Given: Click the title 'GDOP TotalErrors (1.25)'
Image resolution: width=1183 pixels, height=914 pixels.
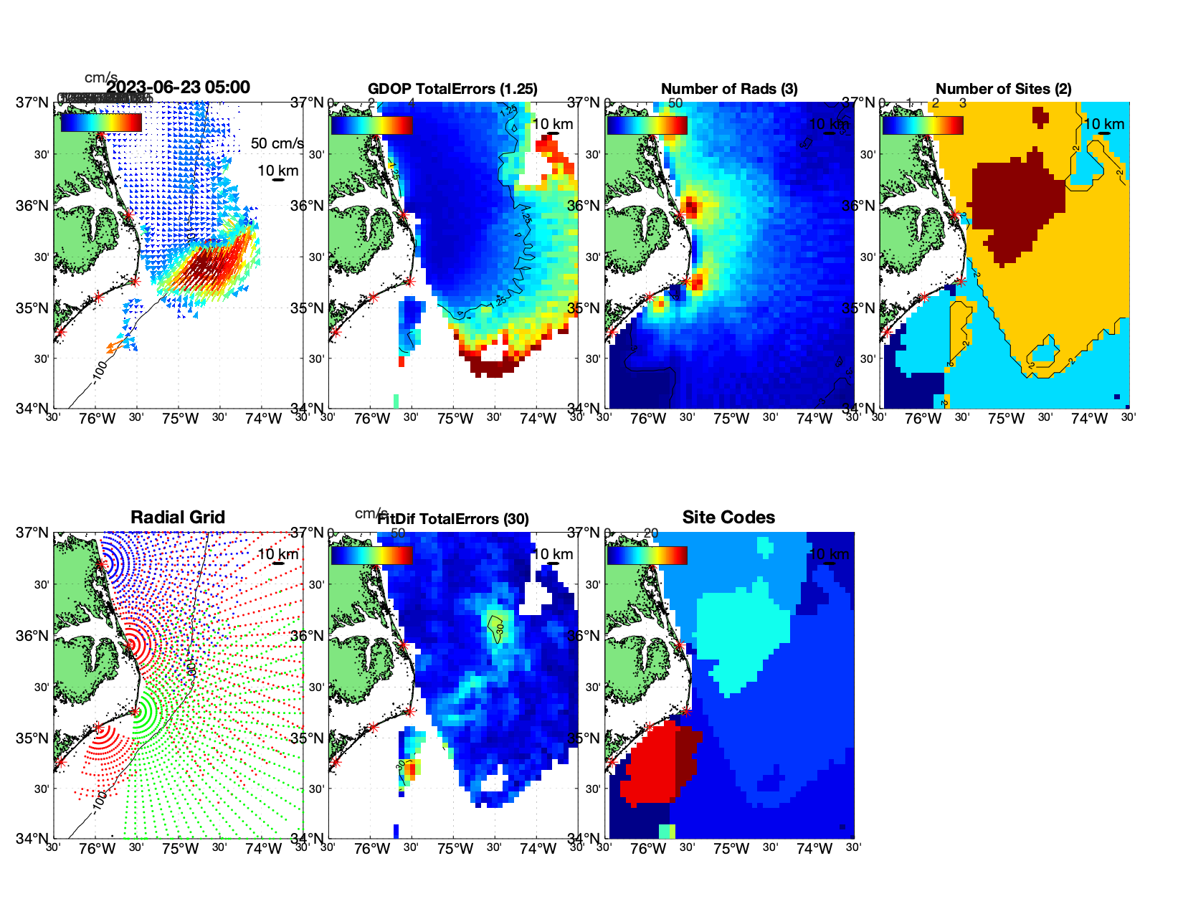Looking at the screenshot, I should point(452,89).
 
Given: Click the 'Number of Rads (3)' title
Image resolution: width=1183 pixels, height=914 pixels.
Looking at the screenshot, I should point(728,89).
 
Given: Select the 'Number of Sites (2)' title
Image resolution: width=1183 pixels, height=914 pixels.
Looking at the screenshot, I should point(1003,89).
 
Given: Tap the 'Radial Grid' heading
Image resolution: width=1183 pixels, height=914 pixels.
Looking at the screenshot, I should point(178,518).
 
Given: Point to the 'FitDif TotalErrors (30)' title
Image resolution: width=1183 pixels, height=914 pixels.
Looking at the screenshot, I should point(454,519).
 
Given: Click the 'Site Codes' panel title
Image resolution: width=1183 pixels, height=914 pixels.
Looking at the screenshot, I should point(728,518).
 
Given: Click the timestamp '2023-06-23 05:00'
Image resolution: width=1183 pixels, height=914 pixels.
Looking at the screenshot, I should point(179,87).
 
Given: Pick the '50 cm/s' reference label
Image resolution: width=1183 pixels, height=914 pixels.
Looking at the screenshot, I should point(277,143).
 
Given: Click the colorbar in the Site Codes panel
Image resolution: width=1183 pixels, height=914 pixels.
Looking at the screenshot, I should point(647,556).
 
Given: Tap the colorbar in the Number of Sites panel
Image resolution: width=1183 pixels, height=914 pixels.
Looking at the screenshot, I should point(923,125).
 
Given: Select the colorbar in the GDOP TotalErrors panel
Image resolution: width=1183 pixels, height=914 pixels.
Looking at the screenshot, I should point(371,125).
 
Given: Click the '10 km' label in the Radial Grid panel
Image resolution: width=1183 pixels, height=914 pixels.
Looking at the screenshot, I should point(277,554).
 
